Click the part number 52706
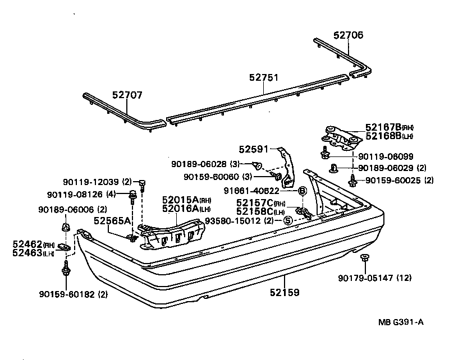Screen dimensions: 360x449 coord(348,35)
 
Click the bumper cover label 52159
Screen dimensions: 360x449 coord(283,292)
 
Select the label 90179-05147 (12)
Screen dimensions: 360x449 coord(375,278)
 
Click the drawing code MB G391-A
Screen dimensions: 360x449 coord(401,322)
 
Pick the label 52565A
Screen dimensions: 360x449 coord(112,221)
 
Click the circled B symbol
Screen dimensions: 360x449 coord(301,191)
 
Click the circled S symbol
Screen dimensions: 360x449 coord(287,220)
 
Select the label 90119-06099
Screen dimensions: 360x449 coord(386,156)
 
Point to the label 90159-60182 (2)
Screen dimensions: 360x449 coord(73,294)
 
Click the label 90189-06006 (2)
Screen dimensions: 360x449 coord(72,209)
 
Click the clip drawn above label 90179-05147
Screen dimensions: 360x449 coord(364,257)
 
